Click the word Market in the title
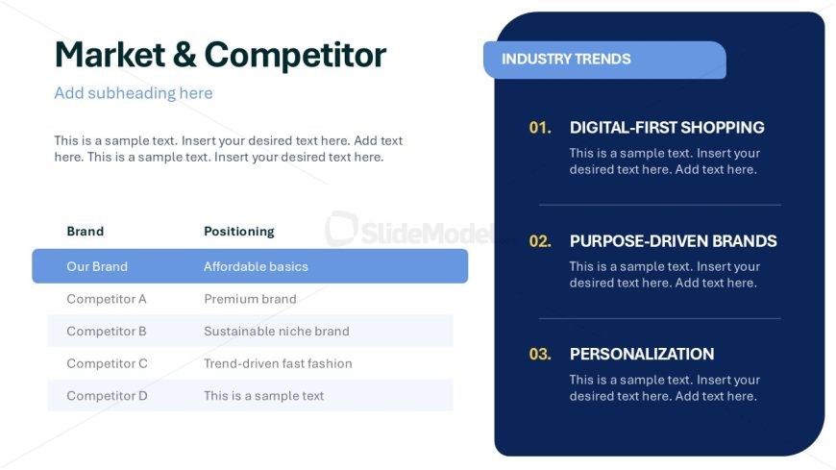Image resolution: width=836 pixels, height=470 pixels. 111,55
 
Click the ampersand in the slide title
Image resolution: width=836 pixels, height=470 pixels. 184,55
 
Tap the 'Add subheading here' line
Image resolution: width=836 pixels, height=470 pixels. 134,93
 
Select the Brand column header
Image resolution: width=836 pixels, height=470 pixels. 86,231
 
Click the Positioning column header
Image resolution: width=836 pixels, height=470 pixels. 239,232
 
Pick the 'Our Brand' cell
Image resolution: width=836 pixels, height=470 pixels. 97,266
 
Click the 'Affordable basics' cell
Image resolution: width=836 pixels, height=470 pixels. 256,266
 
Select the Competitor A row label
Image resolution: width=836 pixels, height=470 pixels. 106,299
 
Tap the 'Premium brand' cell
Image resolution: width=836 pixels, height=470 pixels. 250,299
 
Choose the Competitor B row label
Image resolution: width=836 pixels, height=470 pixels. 106,332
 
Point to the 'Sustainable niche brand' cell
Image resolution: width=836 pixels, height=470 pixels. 277,332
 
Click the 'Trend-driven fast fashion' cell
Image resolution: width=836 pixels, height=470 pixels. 278,363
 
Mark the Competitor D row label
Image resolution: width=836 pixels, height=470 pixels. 107,396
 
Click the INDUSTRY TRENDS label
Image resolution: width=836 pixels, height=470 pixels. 566,60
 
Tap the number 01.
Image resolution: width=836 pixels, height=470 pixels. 540,128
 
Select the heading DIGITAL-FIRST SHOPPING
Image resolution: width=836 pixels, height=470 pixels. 667,128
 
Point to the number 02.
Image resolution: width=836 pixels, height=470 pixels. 540,241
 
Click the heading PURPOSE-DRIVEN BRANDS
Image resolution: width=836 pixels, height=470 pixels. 674,241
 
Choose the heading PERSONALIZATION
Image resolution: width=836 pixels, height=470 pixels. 642,355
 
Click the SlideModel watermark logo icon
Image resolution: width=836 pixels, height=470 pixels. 341,229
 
